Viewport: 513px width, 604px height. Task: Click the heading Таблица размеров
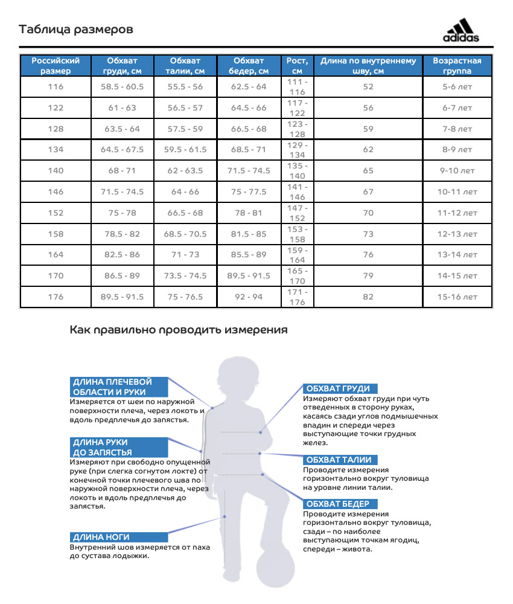tap(76, 30)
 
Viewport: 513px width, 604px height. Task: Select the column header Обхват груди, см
tap(123, 66)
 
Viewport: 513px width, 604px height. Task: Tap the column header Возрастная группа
tap(457, 66)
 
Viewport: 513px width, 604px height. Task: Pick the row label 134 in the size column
tap(56, 150)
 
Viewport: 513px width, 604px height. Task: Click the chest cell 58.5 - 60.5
tap(123, 87)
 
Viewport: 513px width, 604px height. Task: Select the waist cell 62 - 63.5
tap(185, 171)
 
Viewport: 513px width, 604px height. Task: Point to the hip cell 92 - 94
tap(249, 297)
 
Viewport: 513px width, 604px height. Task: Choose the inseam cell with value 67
tap(368, 192)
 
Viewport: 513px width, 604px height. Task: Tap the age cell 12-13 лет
tap(457, 234)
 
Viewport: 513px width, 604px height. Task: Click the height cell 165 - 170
tap(298, 275)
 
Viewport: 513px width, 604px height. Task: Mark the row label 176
tap(56, 297)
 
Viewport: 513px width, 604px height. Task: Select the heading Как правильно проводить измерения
tap(179, 330)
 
